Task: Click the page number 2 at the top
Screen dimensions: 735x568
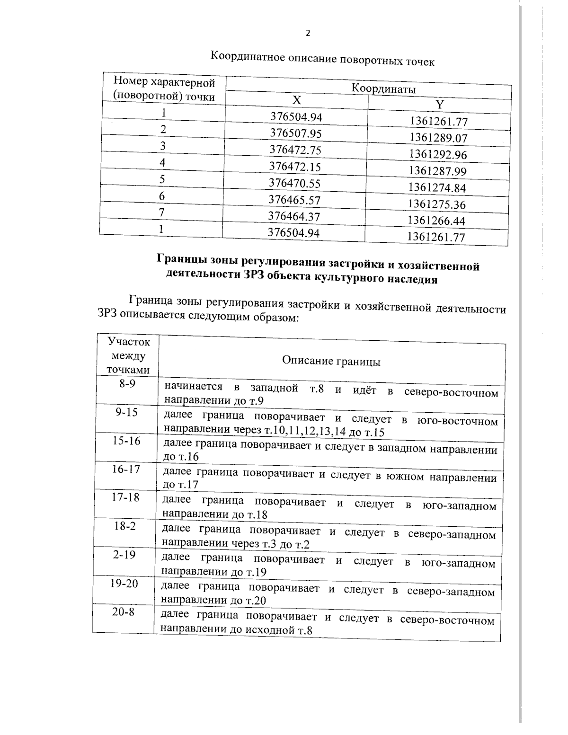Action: click(308, 33)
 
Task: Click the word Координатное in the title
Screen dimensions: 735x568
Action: click(247, 57)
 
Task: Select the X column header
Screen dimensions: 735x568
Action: click(296, 100)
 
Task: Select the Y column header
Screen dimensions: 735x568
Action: click(439, 105)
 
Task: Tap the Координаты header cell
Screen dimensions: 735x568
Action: click(383, 89)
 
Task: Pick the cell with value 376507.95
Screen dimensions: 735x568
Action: click(296, 133)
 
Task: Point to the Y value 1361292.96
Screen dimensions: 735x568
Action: click(438, 154)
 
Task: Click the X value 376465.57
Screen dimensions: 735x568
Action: click(294, 200)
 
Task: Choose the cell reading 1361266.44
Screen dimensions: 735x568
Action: click(437, 221)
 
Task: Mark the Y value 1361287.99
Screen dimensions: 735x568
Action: click(438, 171)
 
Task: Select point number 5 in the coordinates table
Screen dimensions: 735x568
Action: click(162, 179)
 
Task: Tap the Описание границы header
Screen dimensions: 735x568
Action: click(331, 361)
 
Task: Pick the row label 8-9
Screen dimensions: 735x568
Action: click(127, 383)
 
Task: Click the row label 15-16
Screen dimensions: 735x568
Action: click(126, 441)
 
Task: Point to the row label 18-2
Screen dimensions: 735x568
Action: click(125, 526)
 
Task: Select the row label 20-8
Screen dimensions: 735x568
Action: click(123, 611)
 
